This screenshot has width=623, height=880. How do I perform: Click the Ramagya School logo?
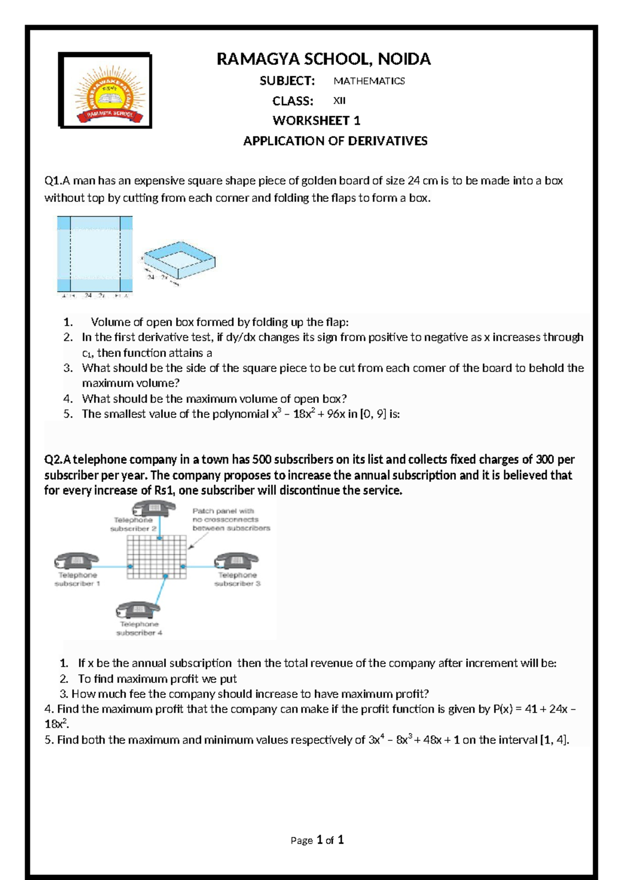click(105, 90)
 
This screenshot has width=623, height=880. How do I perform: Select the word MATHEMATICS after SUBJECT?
click(369, 81)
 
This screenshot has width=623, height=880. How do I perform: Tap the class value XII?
click(339, 101)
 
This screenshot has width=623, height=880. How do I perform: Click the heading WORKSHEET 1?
click(316, 121)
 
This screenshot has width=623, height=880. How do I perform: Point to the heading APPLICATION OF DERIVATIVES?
click(335, 141)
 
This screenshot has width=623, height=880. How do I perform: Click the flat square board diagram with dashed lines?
click(94, 254)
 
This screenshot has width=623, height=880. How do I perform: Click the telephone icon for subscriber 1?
click(77, 561)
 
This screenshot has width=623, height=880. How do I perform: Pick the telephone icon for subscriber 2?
click(154, 508)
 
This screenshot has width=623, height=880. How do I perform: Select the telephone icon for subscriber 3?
click(237, 561)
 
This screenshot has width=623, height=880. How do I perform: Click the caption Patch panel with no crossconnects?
click(231, 519)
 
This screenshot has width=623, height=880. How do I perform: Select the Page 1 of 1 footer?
click(317, 840)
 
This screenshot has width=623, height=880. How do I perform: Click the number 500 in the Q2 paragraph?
click(262, 460)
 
